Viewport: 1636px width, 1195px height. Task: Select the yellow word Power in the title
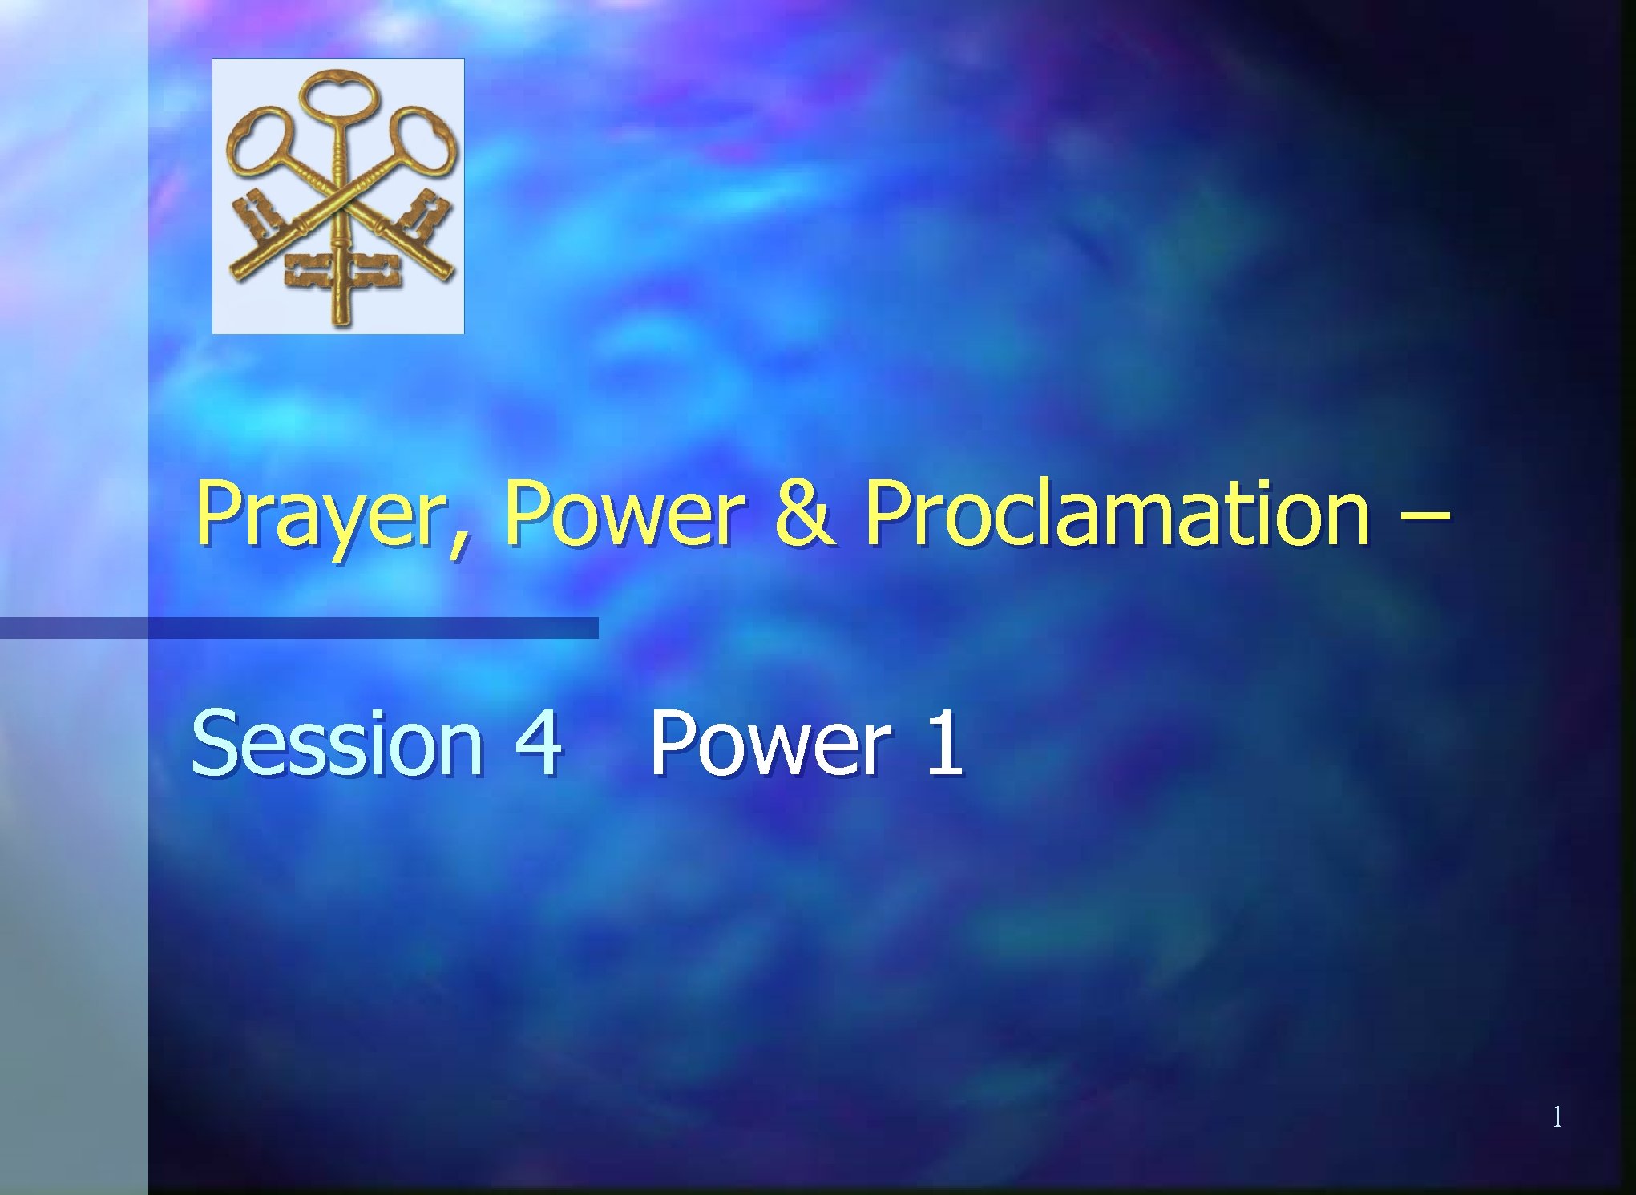[x=621, y=514]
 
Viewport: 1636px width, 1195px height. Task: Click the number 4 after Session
[x=538, y=744]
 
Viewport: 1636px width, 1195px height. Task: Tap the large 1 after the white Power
[x=943, y=744]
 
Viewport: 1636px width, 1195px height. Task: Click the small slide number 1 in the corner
[x=1557, y=1116]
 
